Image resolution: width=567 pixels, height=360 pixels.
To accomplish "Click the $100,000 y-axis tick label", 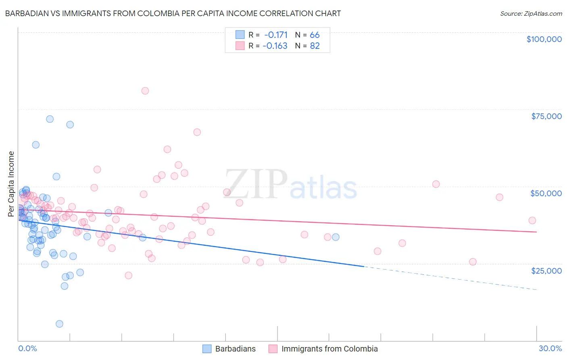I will pos(544,39).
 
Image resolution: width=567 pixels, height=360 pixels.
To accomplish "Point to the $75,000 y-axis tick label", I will pos(546,116).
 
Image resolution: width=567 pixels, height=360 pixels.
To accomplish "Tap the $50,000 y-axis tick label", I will pos(546,193).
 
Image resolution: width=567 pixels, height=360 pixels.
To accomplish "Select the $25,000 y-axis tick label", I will pos(546,270).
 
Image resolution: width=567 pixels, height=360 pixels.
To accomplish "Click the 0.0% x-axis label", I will pos(27,348).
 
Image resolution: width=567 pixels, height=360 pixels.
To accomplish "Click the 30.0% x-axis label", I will pos(550,348).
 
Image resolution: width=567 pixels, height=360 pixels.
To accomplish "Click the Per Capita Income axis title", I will pos(11,184).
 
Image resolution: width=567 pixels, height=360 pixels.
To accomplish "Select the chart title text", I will pos(173,13).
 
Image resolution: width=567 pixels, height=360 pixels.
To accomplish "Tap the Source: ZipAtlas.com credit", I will pos(531,14).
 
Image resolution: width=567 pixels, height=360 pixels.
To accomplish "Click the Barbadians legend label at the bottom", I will pos(236,349).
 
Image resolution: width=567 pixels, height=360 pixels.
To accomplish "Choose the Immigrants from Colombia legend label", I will pos(329,349).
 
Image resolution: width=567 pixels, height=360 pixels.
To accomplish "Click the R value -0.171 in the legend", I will pos(276,35).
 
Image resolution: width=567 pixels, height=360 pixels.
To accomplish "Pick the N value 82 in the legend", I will pos(315,46).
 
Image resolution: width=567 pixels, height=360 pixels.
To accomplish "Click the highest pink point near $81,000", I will pos(145,91).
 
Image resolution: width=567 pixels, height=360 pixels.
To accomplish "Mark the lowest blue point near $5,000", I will pos(59,324).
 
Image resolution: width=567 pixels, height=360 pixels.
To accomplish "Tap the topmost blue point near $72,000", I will pos(50,119).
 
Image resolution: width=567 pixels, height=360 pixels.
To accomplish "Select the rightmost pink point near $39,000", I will pos(532,220).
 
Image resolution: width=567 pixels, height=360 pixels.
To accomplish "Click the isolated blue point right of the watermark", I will pos(336,237).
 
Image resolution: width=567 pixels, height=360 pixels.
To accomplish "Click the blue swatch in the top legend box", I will pos(240,35).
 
